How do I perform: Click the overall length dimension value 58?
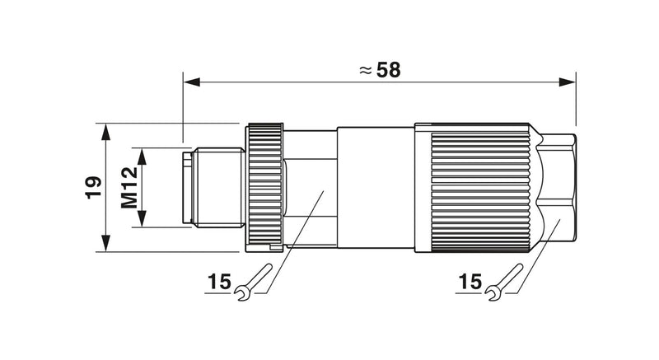coord(388,70)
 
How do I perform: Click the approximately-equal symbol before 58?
coord(366,71)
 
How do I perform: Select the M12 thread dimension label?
coord(129,187)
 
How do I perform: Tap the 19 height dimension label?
coord(93,187)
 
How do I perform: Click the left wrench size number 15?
coord(219,282)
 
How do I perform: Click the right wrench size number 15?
coord(470,282)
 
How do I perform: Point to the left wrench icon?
coord(253,282)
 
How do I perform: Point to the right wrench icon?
coord(504,282)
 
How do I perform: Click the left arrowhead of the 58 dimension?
coord(192,82)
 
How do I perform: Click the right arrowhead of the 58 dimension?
coord(567,82)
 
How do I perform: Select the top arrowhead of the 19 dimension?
coord(105,132)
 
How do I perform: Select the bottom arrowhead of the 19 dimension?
coord(105,244)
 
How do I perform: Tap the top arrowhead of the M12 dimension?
coord(142,156)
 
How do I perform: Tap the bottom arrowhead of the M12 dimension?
coord(142,219)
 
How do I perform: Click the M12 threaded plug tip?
coord(213,187)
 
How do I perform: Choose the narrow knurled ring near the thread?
coord(264,187)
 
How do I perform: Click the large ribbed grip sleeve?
coord(477,187)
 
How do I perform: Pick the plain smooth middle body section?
coord(376,187)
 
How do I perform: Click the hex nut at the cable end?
coord(557,187)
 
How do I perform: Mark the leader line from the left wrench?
coord(295,241)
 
